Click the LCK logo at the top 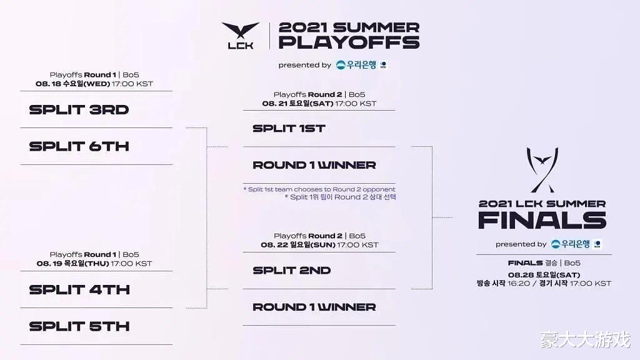point(241,36)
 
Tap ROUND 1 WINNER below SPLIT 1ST point(314,165)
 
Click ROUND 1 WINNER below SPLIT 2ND point(314,307)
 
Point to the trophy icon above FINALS point(542,170)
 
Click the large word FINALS point(542,221)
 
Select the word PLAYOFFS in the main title point(349,42)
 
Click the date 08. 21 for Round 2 point(275,104)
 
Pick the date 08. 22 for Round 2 point(274,245)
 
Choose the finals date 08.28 point(521,275)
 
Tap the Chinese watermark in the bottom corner point(586,339)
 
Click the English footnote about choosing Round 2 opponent point(319,189)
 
